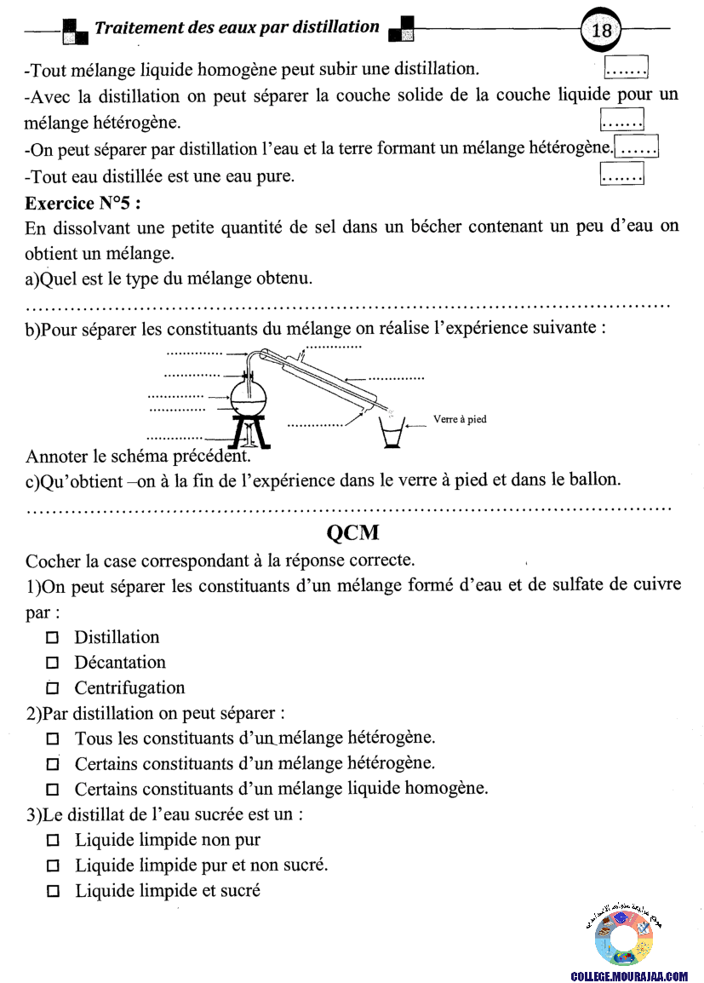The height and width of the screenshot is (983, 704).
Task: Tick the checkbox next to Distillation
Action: click(52, 637)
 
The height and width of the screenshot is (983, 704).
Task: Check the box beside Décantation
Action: click(52, 663)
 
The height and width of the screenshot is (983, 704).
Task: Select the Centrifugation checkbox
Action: click(52, 688)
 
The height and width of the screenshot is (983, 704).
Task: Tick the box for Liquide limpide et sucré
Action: click(53, 892)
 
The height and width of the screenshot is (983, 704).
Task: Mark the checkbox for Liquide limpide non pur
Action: click(53, 841)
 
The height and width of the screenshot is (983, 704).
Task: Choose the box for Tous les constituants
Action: click(53, 739)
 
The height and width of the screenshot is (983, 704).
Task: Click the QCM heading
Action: click(352, 534)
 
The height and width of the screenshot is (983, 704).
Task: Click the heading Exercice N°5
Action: click(83, 204)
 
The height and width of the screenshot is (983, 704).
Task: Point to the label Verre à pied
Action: click(460, 419)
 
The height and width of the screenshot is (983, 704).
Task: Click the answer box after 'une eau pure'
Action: click(621, 175)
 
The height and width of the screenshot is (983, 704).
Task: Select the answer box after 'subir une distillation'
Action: click(626, 66)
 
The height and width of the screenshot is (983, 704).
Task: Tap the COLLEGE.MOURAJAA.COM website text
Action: click(629, 975)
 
